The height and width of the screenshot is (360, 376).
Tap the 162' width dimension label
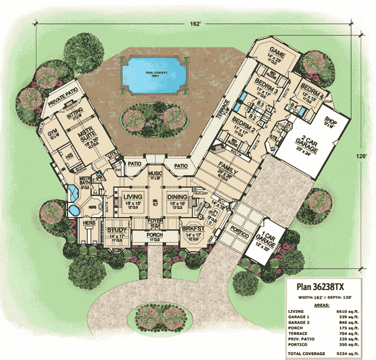click(196, 24)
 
